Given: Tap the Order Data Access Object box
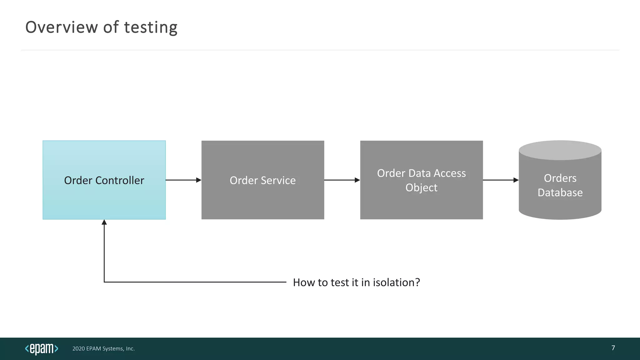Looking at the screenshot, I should pyautogui.click(x=421, y=203).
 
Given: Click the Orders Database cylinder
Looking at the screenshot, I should pyautogui.click(x=560, y=206).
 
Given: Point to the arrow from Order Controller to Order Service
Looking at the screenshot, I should pyautogui.click(x=183, y=180).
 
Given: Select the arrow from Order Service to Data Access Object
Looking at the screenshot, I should pyautogui.click(x=342, y=180).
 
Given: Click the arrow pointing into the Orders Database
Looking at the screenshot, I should pyautogui.click(x=501, y=180).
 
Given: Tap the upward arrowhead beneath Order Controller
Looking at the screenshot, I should pyautogui.click(x=104, y=222).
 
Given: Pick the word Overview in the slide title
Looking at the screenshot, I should pyautogui.click(x=62, y=27).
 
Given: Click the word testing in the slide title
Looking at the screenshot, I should pyautogui.click(x=151, y=27).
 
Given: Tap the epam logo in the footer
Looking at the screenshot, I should pyautogui.click(x=42, y=348).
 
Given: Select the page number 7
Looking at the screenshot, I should pyautogui.click(x=613, y=348).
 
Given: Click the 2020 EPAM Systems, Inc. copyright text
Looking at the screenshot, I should pyautogui.click(x=103, y=348).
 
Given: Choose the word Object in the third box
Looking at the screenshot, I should pyautogui.click(x=421, y=187).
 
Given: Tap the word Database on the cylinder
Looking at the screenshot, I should pyautogui.click(x=560, y=192).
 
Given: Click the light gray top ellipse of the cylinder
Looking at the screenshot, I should pyautogui.click(x=560, y=150).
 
